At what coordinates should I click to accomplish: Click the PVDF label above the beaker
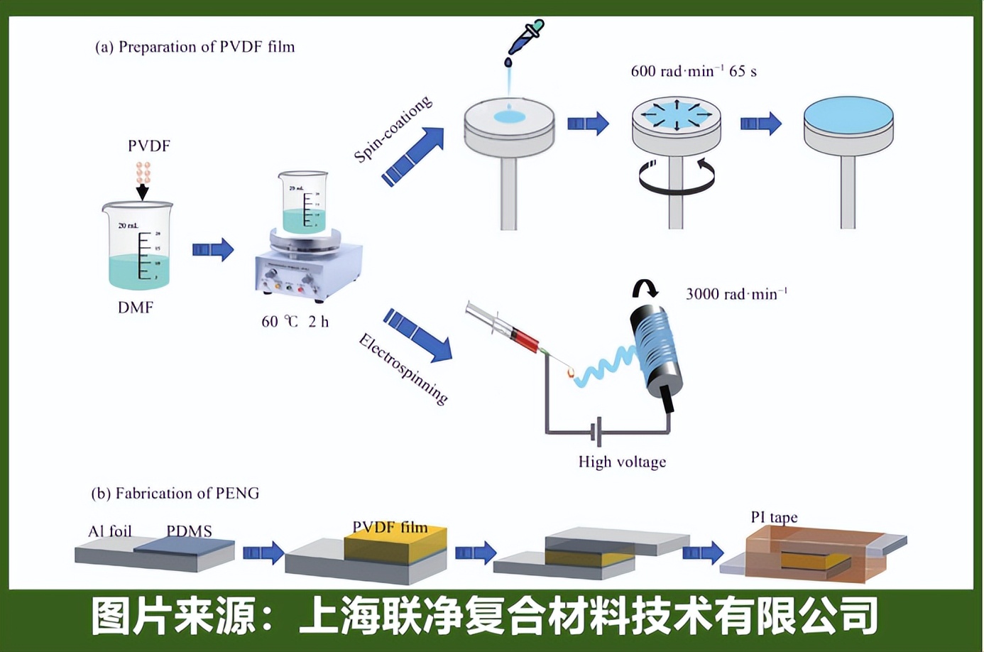tap(148, 146)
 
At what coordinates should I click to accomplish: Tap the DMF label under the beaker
tap(136, 308)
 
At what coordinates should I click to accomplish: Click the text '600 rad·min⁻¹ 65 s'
tap(694, 71)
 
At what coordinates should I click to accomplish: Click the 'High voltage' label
tap(622, 462)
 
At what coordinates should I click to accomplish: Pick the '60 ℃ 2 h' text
tap(295, 322)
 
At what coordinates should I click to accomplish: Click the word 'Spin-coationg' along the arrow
tap(393, 129)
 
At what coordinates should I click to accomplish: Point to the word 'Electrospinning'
tap(403, 369)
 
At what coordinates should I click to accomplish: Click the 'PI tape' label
tap(774, 517)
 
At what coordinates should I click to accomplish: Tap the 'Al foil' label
tap(110, 531)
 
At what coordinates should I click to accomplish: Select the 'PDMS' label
tap(189, 531)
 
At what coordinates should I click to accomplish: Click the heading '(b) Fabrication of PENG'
tap(175, 493)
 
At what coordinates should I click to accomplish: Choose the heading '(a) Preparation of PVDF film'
tap(195, 47)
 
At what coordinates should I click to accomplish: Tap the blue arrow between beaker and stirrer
tap(213, 249)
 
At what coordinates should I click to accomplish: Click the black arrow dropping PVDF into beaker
tap(143, 190)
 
